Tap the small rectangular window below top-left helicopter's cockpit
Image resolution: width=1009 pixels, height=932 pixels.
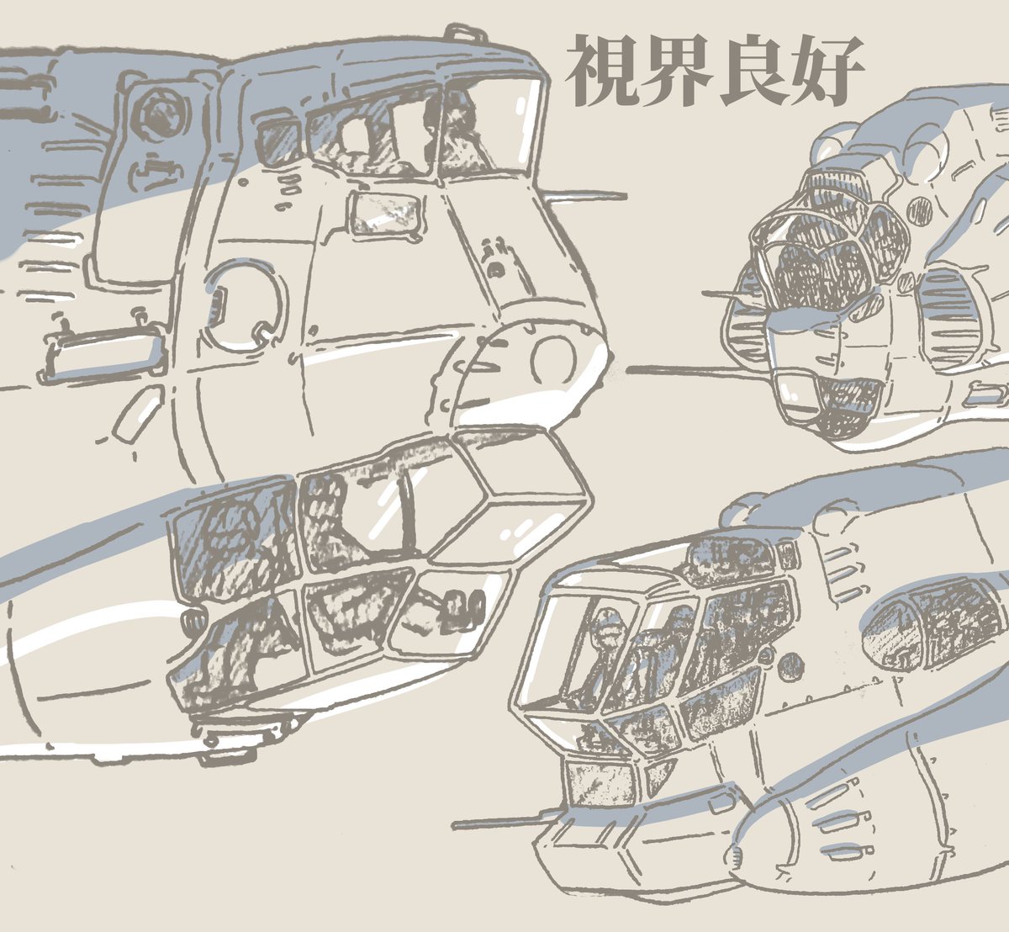[x=385, y=214]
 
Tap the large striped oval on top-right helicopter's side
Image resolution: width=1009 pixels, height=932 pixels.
[x=951, y=315]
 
